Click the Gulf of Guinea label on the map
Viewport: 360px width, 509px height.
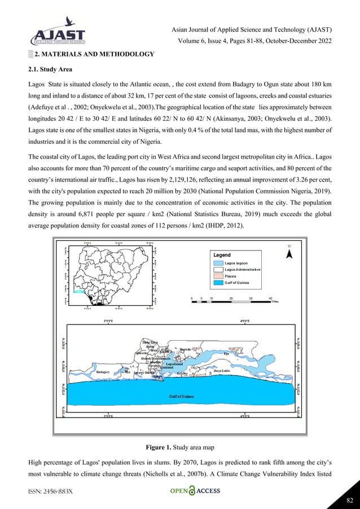click(182, 397)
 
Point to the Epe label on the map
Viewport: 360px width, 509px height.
click(226, 354)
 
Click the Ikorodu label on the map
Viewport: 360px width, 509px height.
click(186, 350)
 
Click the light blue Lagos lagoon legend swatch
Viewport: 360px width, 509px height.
click(218, 262)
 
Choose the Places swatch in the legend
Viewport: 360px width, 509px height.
click(218, 276)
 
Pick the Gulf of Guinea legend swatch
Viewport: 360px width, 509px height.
click(218, 283)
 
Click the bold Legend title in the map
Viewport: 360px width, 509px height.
click(221, 255)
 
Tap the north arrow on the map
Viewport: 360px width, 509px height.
click(289, 253)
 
